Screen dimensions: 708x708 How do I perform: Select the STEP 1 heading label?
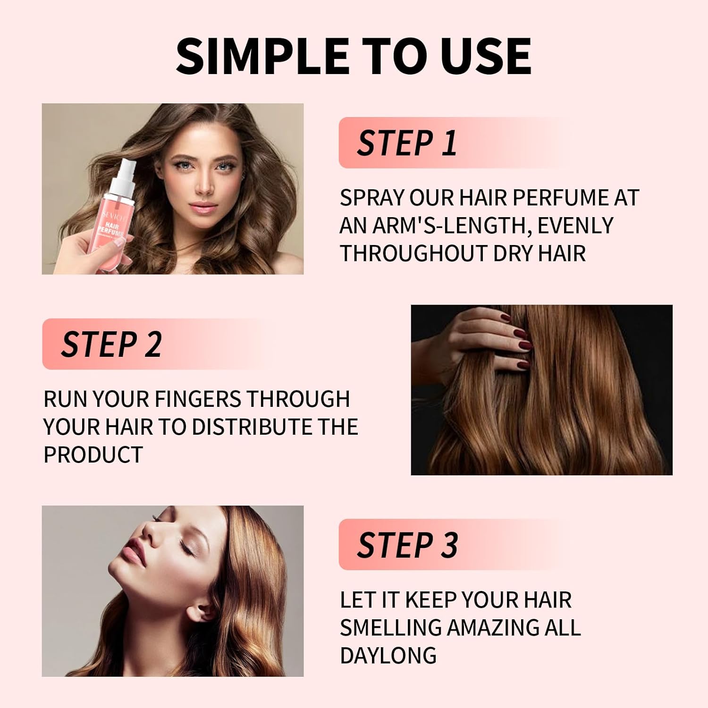tap(407, 143)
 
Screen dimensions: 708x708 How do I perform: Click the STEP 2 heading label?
tap(111, 344)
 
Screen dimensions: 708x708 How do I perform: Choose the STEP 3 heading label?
tap(407, 545)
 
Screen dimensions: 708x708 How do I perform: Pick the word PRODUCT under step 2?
tap(93, 455)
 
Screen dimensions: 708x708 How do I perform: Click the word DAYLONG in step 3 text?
tap(388, 656)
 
